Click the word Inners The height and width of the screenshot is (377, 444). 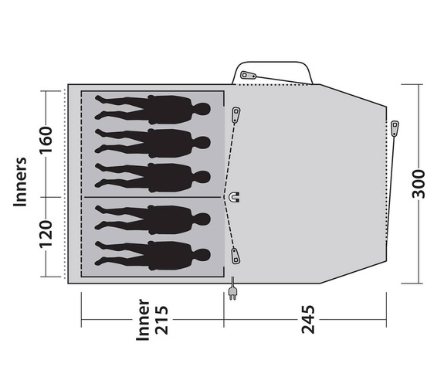22,183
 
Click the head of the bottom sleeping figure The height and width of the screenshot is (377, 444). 202,255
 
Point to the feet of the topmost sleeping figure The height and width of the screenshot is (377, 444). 100,107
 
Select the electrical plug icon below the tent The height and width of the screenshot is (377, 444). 232,292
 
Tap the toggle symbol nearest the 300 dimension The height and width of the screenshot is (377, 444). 395,128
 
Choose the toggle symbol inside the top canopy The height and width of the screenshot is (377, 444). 247,76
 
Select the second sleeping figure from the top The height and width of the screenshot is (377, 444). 154,142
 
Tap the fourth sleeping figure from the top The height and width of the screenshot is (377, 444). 154,219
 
